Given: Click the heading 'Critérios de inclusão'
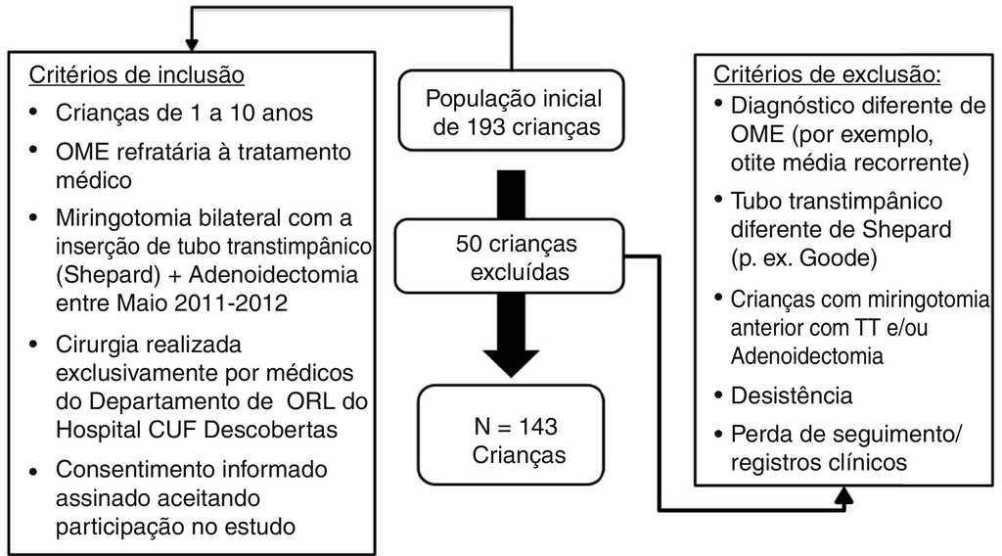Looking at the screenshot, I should [x=136, y=74].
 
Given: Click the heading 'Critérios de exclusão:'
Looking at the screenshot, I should [x=827, y=74].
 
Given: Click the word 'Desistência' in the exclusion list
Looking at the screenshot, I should [x=791, y=395].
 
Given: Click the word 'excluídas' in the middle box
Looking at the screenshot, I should [x=520, y=271].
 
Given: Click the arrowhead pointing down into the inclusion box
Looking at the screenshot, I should [x=192, y=42].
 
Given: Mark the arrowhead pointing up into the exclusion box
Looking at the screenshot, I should [x=843, y=497].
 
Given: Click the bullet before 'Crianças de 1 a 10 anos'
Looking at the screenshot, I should [x=34, y=113].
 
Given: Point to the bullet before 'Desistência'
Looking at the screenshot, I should [x=720, y=395].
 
